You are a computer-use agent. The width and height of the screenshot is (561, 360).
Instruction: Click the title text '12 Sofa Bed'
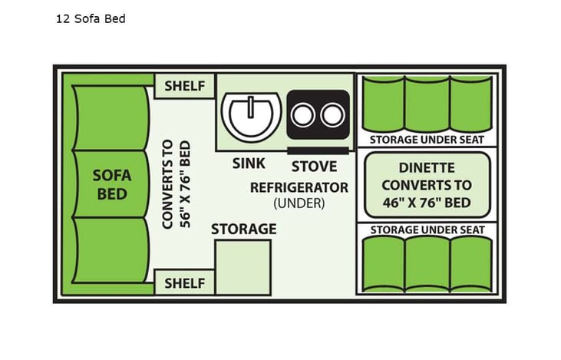coord(90,18)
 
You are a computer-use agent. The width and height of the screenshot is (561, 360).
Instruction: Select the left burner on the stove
coord(305,115)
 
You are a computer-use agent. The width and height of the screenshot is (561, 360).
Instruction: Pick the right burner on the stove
coord(332,115)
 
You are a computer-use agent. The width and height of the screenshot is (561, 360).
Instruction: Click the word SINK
coord(249,163)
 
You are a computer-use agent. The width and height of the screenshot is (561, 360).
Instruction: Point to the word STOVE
coord(314,166)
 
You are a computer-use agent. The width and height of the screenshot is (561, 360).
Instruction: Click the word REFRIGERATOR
coord(299,187)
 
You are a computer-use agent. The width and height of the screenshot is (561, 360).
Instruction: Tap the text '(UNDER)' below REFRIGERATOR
coord(299,203)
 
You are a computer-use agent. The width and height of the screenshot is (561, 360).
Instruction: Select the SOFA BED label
coord(112,183)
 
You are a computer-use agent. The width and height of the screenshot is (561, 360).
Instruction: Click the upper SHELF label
coord(185,86)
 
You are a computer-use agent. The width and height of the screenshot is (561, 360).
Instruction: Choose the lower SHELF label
coord(185,283)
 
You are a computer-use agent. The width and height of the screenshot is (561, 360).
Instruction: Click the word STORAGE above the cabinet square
coord(243,229)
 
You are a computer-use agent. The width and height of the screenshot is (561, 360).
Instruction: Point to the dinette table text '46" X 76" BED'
coord(427,203)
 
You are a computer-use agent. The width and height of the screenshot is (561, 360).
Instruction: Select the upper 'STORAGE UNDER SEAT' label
coord(427,139)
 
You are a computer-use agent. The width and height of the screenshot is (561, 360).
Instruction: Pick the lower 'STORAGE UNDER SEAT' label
coord(427,230)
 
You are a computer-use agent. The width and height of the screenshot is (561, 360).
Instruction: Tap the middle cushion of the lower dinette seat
coord(427,263)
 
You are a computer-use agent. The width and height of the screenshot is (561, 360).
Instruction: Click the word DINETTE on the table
coord(427,167)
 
